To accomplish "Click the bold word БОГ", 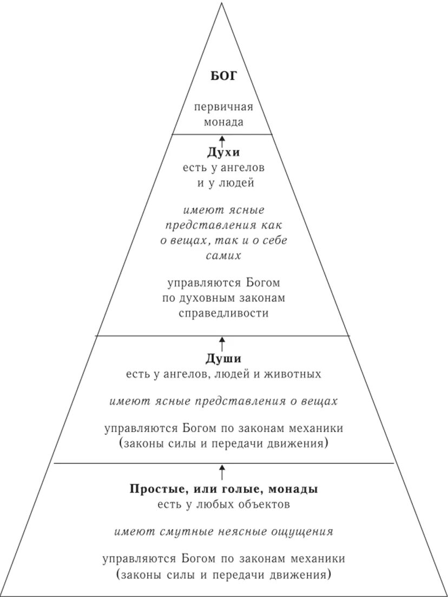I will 223,76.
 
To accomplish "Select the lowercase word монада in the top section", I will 223,122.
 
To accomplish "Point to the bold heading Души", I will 223,359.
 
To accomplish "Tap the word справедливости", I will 223,313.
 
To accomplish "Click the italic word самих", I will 223,256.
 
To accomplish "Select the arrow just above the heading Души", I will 222,343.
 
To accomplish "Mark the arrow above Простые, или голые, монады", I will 222,470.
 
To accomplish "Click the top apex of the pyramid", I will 222,3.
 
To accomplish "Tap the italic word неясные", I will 245,531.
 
